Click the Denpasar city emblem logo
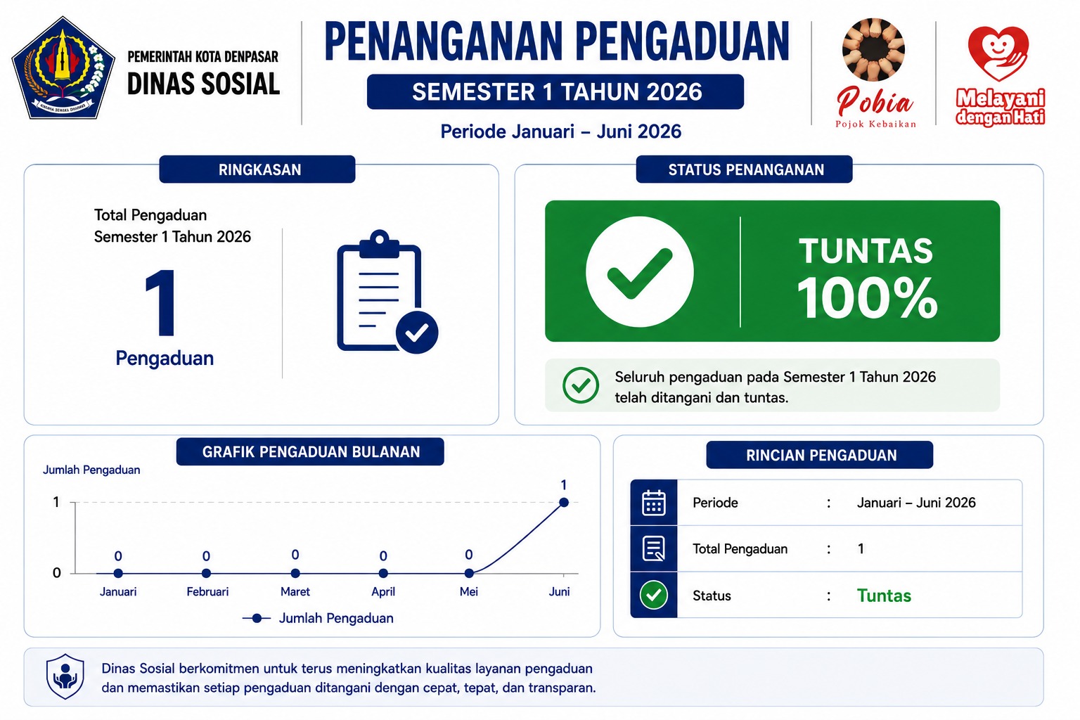63,68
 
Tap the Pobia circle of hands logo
873,49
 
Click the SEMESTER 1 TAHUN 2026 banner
555,91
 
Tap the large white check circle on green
640,271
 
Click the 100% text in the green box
867,298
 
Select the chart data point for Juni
564,503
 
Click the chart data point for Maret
295,573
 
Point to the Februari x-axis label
207,592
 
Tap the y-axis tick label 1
56,502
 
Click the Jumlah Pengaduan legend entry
318,618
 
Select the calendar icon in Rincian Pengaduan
654,503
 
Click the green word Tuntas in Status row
884,596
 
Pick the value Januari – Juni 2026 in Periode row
916,503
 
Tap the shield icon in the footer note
65,676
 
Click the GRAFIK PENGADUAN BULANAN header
311,451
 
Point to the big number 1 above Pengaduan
161,302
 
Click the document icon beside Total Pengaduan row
654,548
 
